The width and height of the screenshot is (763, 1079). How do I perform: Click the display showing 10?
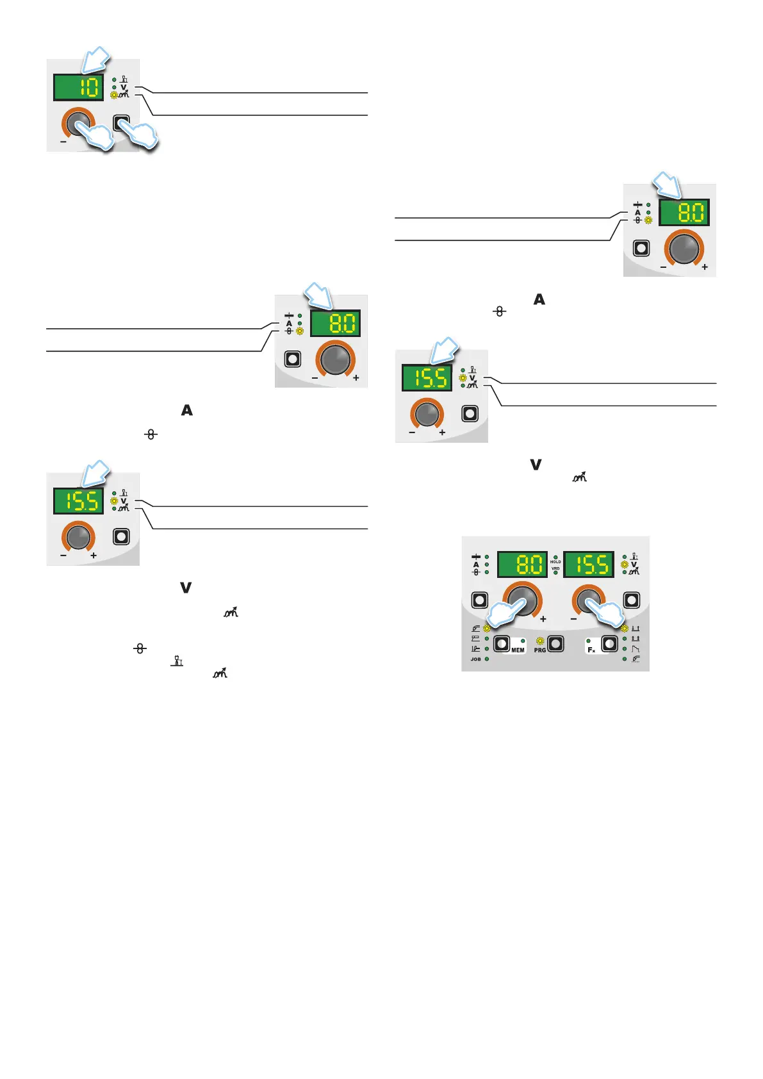click(78, 87)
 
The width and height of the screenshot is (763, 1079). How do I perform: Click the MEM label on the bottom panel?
click(518, 650)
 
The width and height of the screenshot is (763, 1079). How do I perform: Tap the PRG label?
click(540, 650)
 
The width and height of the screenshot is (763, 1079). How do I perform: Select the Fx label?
click(591, 650)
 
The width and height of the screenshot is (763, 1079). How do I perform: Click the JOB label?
click(475, 659)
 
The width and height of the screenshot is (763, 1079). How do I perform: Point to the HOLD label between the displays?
click(555, 562)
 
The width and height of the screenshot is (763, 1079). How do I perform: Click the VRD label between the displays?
click(555, 568)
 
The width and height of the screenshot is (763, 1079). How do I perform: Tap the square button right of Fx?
click(610, 643)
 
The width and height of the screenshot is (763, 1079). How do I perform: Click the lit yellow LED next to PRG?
click(540, 641)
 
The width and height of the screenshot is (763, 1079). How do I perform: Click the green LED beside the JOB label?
click(487, 659)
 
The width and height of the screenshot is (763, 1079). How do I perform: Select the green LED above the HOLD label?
click(555, 557)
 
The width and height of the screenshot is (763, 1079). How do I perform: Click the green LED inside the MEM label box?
click(523, 641)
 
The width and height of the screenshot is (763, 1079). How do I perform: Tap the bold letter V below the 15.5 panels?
click(186, 588)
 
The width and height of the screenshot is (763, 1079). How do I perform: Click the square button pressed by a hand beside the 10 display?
click(121, 122)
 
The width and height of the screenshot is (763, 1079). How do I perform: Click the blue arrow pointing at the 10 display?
click(95, 60)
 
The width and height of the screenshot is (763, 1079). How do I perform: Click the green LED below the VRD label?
click(555, 573)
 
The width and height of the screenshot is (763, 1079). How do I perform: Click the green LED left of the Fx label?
click(588, 641)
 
